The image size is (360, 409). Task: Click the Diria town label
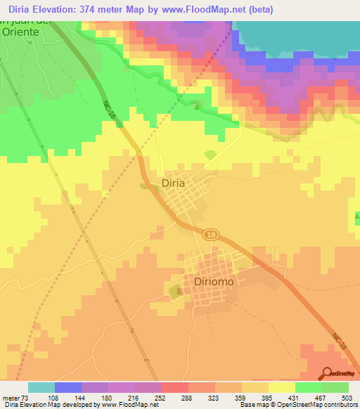pyautogui.click(x=173, y=183)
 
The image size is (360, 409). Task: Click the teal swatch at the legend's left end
pyautogui.click(x=41, y=387)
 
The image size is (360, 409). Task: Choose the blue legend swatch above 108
pyautogui.click(x=68, y=387)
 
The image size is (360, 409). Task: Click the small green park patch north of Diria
pyautogui.click(x=210, y=154)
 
